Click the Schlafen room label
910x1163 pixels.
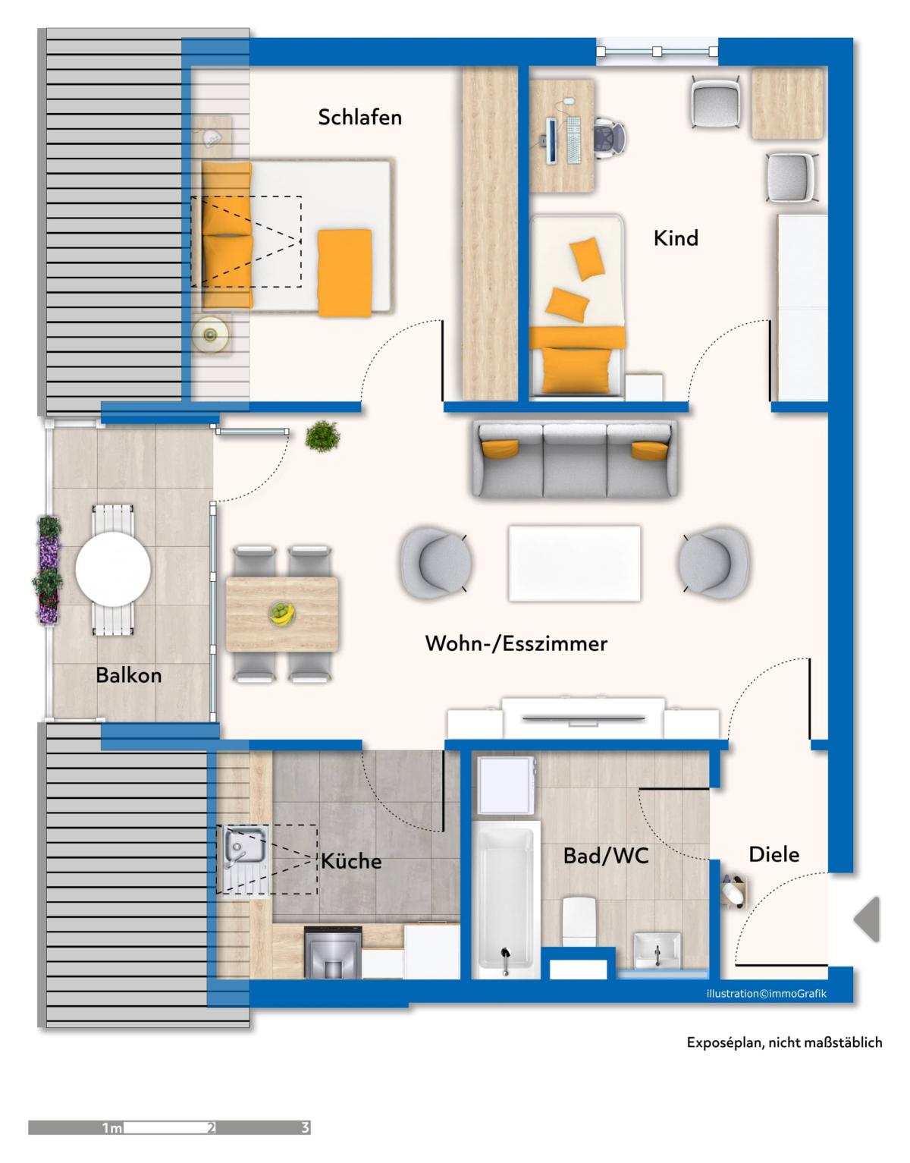point(359,117)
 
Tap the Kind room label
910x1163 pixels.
point(676,237)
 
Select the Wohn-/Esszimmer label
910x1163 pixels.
point(516,643)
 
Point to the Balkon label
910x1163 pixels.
point(128,675)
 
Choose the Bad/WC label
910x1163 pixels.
point(606,857)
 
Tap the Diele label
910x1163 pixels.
point(773,855)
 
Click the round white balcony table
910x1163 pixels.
point(113,570)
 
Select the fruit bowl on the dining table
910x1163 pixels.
point(282,613)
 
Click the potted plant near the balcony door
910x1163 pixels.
point(322,436)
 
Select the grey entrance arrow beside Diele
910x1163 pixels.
point(867,920)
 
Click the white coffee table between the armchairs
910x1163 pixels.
point(575,563)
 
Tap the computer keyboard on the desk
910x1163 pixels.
point(573,140)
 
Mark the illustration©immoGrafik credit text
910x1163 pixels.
point(766,994)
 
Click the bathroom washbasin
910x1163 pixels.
point(657,951)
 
